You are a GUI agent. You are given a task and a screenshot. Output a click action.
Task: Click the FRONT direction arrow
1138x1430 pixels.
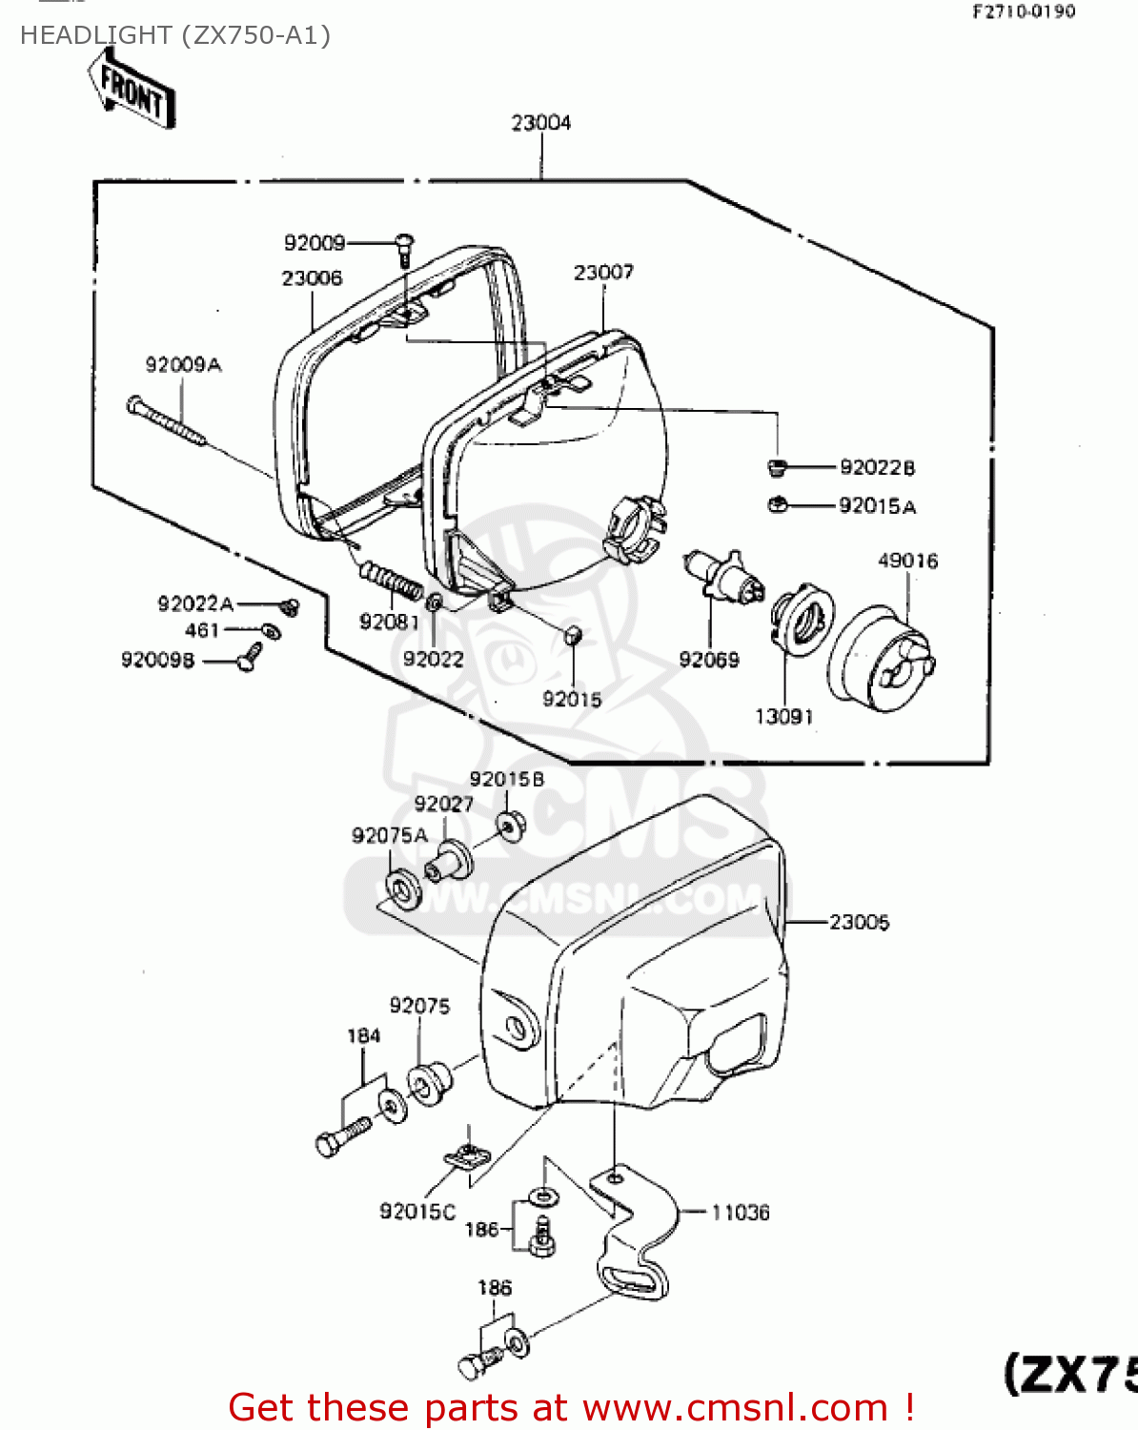(132, 91)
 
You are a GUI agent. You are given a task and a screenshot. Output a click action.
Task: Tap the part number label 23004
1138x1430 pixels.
(540, 123)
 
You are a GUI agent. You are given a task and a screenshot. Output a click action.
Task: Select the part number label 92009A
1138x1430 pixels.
(183, 365)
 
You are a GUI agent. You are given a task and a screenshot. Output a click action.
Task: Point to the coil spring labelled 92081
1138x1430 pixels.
(391, 582)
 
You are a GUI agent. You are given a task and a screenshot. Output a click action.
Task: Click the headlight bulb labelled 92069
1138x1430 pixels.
(724, 577)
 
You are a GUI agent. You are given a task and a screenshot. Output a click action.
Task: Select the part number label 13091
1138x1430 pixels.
(783, 717)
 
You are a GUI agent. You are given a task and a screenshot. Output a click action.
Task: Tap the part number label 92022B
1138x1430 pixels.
(877, 467)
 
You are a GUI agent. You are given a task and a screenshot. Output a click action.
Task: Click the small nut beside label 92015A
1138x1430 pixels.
(777, 505)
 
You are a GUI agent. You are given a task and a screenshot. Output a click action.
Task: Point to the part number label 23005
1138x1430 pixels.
(859, 922)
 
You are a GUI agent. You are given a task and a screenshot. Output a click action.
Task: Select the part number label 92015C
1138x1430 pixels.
(417, 1212)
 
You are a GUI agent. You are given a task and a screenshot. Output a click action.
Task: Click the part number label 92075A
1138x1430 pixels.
(390, 836)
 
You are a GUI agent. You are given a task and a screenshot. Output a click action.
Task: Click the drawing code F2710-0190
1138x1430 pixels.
(1024, 11)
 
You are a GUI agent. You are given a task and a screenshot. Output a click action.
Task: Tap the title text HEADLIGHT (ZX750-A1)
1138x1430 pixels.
(175, 35)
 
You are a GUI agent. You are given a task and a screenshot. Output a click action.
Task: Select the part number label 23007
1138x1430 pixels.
(603, 273)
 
